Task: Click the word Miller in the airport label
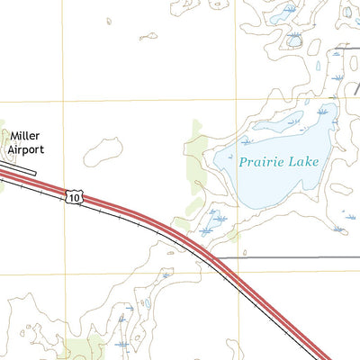point(24,136)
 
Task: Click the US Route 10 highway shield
point(74,195)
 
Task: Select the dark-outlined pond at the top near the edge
point(294,40)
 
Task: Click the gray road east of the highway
point(288,257)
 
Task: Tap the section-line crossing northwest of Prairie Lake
point(237,100)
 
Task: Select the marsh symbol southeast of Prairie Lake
point(338,229)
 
